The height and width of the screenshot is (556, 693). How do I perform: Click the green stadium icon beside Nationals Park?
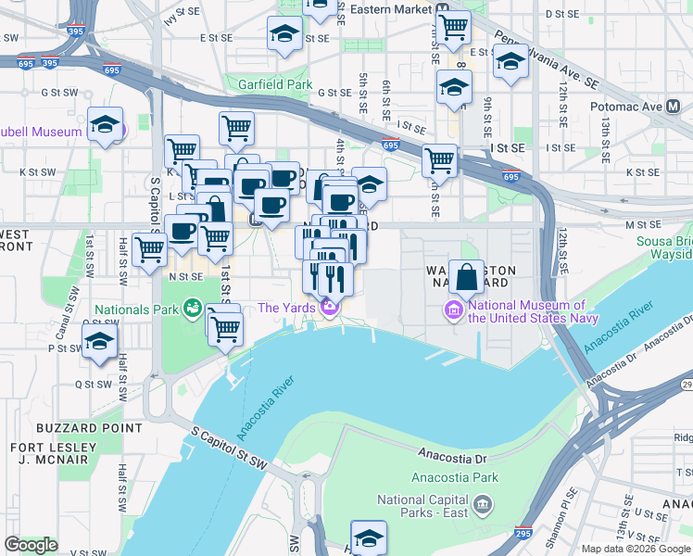(x=193, y=307)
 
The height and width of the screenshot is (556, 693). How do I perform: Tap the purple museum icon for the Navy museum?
(x=454, y=308)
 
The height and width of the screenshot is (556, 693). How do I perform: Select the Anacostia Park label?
(x=460, y=478)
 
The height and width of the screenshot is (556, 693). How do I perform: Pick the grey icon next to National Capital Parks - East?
(x=482, y=505)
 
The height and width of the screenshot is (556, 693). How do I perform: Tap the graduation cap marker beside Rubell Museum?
(x=107, y=125)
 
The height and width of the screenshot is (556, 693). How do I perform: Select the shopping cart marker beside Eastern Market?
(x=453, y=29)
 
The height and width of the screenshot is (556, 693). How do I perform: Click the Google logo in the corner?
(x=31, y=545)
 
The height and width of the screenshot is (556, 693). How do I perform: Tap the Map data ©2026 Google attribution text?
(x=636, y=549)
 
